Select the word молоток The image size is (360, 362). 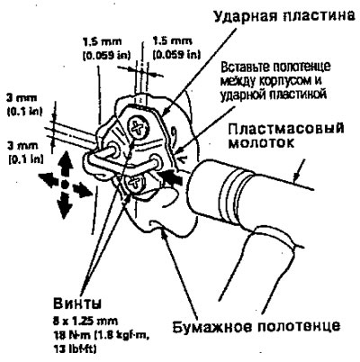click(260, 143)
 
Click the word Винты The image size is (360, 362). click(77, 303)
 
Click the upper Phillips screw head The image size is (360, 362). click(138, 128)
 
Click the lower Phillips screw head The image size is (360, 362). click(134, 183)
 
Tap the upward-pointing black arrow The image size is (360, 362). click(64, 165)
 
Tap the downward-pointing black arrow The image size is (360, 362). click(65, 204)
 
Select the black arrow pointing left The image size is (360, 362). click(49, 180)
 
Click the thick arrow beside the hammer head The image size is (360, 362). click(171, 176)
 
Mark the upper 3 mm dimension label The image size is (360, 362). click(24, 104)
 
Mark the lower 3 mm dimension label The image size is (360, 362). click(24, 153)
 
